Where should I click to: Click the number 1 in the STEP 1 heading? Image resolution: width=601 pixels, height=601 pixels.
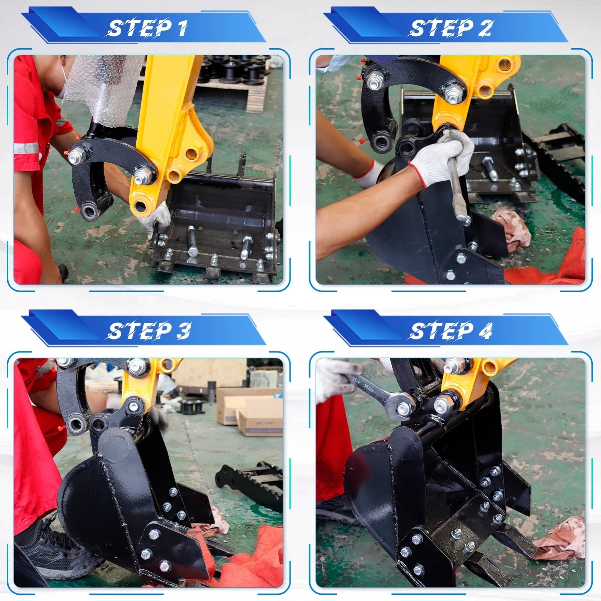[x=182, y=28]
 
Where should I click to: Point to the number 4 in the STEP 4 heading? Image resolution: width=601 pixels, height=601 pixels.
[x=486, y=331]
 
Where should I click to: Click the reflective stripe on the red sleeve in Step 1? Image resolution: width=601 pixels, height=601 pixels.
[x=26, y=148]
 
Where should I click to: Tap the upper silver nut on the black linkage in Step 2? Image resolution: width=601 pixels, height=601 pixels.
[x=374, y=82]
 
